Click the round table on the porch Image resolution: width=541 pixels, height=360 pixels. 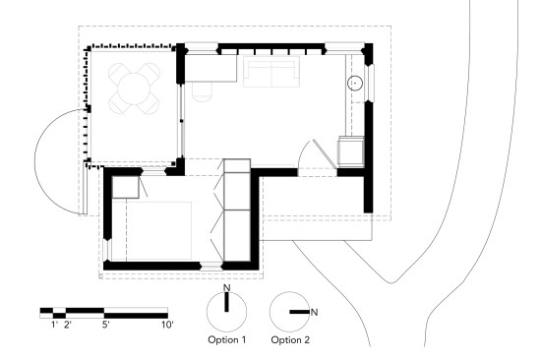tap(134, 89)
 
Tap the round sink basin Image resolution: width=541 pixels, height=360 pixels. tap(355, 84)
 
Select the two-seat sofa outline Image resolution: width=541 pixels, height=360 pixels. tap(271, 72)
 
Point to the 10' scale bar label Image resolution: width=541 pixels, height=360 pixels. tap(167, 325)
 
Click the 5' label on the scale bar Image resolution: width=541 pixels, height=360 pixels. tap(106, 325)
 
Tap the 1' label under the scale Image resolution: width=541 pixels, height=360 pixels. tap(54, 325)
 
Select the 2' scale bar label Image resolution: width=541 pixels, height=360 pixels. tap(68, 325)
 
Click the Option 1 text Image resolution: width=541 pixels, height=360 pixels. tap(226, 340)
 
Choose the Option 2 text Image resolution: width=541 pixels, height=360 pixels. tap(290, 340)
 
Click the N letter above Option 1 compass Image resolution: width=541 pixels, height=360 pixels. tap(226, 287)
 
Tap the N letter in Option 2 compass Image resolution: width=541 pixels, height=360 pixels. tap(314, 313)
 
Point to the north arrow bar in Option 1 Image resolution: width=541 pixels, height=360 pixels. tap(226, 302)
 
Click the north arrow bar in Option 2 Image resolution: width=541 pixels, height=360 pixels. tap(299, 312)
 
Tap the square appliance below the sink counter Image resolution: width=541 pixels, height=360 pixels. tap(351, 151)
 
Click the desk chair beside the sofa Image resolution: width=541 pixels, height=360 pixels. tap(203, 91)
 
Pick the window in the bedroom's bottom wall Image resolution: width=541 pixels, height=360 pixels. tap(211, 267)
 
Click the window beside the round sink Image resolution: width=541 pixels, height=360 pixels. tap(371, 83)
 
